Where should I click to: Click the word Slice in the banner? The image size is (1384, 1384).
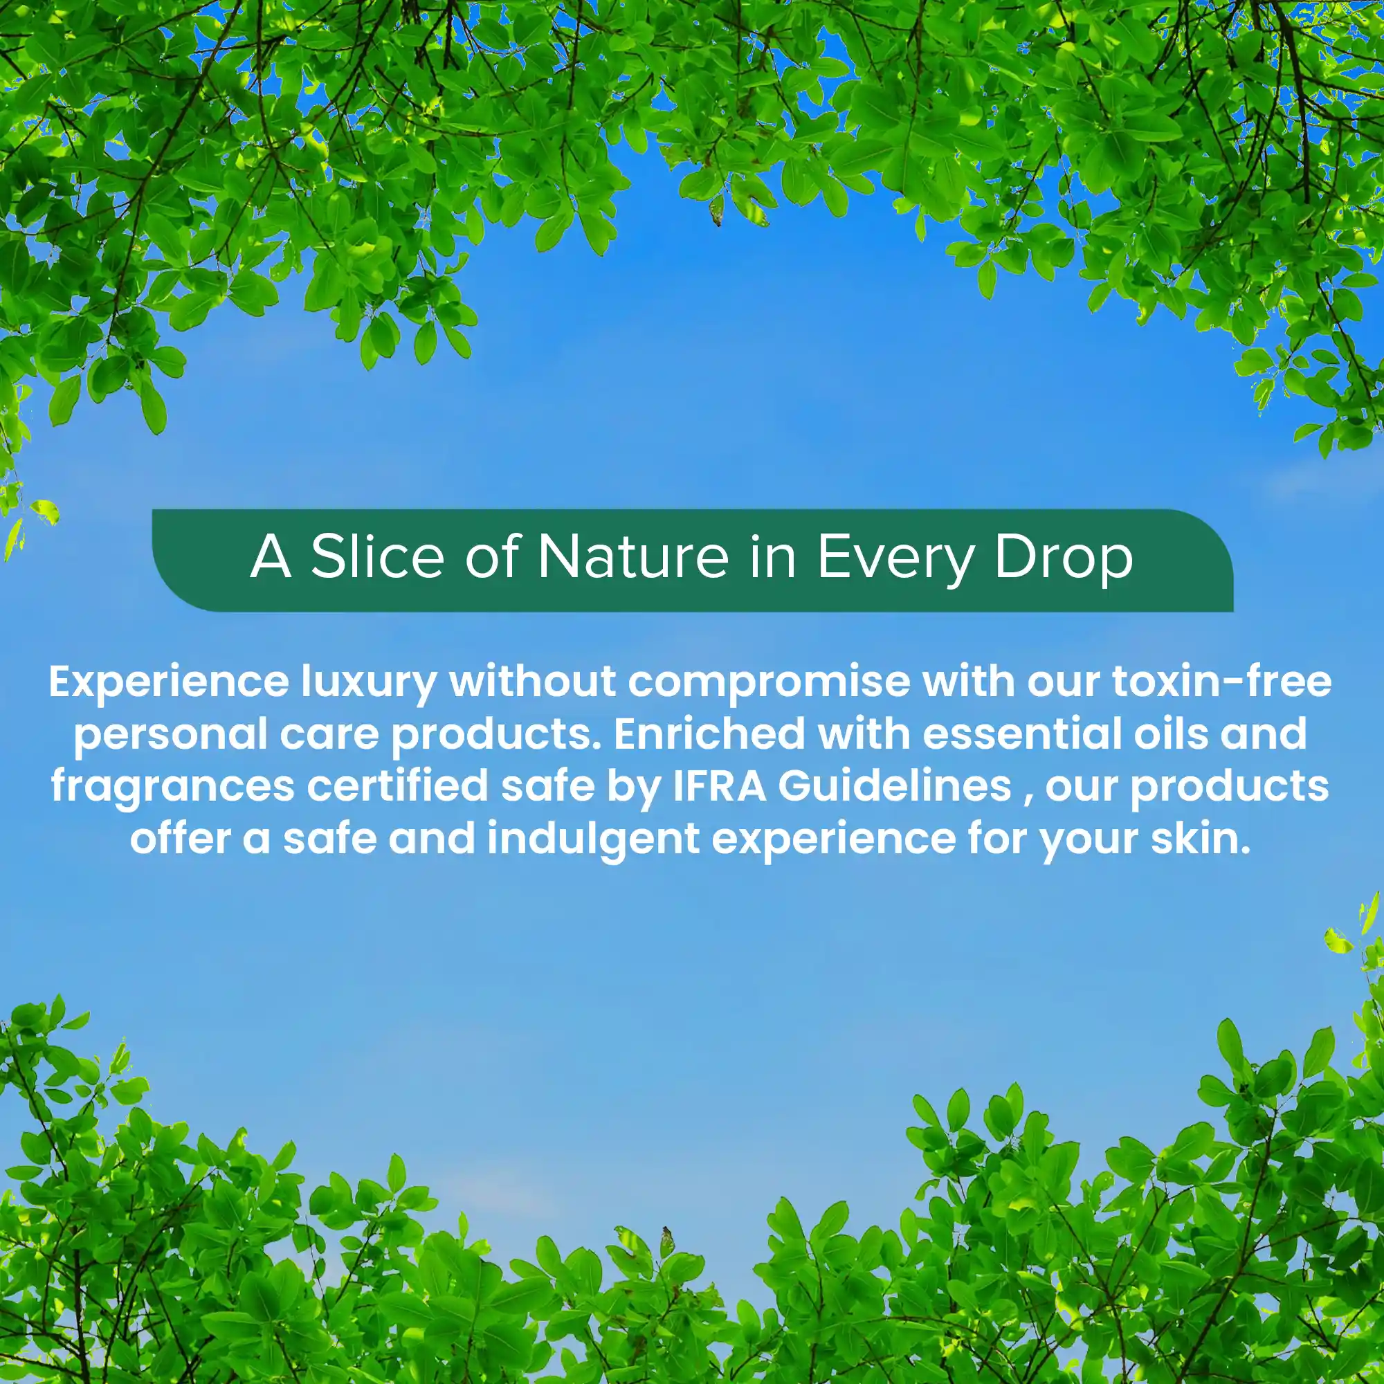click(x=377, y=556)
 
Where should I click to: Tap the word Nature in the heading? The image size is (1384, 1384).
click(x=632, y=556)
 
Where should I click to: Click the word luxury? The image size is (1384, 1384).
click(x=369, y=683)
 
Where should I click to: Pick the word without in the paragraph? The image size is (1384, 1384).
click(x=532, y=681)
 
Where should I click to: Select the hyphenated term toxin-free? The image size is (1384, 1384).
click(x=1222, y=681)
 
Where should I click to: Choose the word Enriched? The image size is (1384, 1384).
click(x=709, y=734)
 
